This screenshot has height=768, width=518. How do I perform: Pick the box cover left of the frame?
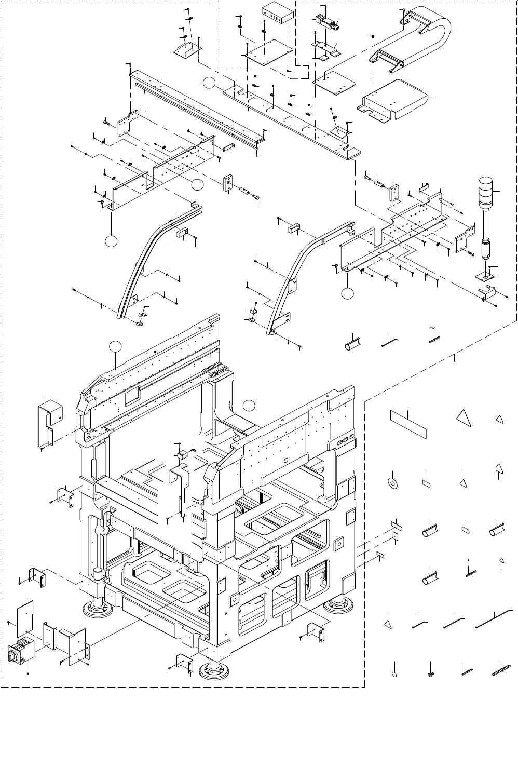[50, 421]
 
